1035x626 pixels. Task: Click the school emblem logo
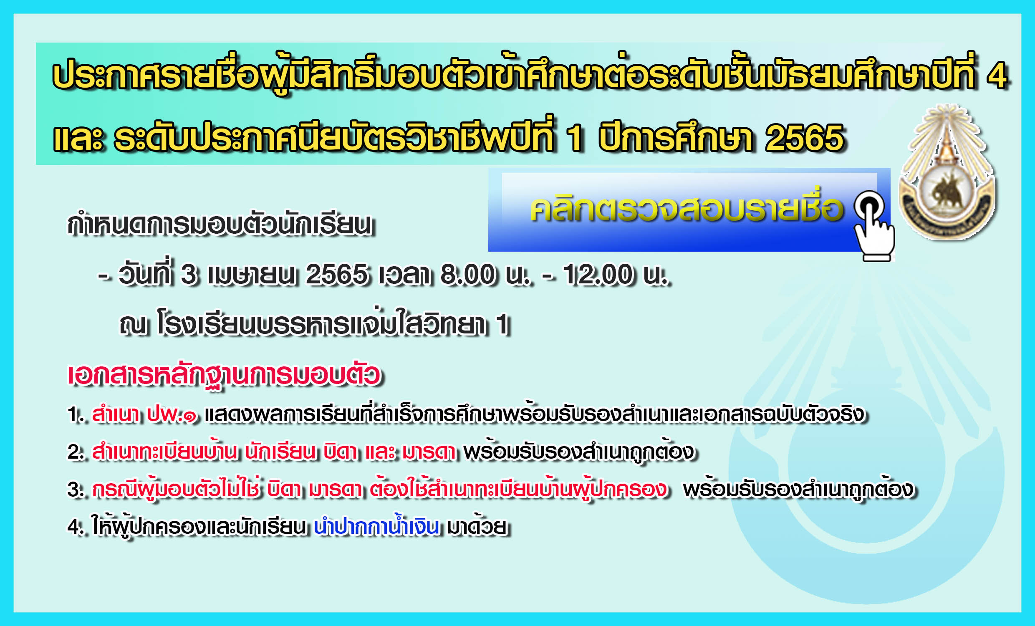point(947,172)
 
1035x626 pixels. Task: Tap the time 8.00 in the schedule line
point(467,275)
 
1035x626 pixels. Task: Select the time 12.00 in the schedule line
point(598,275)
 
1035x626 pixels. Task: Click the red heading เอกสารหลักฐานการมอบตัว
point(224,375)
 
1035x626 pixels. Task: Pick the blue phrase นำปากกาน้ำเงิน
point(376,526)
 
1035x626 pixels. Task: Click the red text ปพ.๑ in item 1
point(172,415)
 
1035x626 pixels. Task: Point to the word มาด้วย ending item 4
point(477,526)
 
